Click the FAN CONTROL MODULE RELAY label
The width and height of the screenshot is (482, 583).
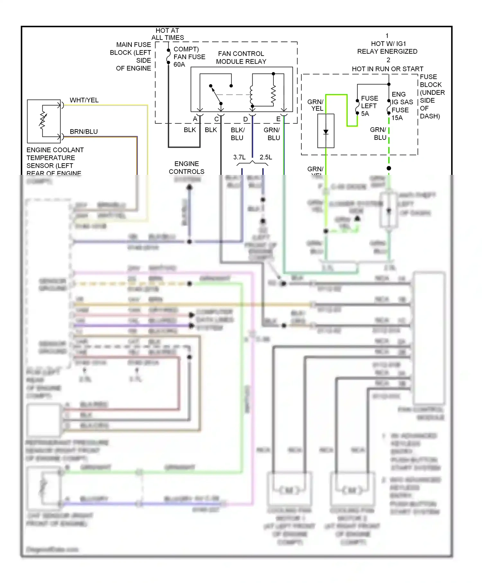241,58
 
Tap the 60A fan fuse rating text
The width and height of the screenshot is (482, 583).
179,65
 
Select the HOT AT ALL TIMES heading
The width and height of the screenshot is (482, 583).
167,34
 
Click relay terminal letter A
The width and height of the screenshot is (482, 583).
195,119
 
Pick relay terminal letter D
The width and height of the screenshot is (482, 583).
245,119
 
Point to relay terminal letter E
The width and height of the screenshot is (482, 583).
278,119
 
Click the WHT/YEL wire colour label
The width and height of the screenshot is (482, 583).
84,100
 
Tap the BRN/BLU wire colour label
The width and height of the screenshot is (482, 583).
84,132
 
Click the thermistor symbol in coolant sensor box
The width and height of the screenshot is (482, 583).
43,121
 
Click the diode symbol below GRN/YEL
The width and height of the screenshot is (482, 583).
326,132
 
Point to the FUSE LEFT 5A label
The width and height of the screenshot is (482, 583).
369,106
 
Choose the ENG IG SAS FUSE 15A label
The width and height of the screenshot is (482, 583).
402,106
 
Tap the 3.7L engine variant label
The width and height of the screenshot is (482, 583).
239,157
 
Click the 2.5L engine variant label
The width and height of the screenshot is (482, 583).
266,157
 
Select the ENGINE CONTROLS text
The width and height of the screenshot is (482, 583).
186,167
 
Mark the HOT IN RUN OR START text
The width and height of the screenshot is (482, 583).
388,69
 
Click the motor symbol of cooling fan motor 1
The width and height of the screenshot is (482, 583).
289,490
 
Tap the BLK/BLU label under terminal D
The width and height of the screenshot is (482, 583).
237,134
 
